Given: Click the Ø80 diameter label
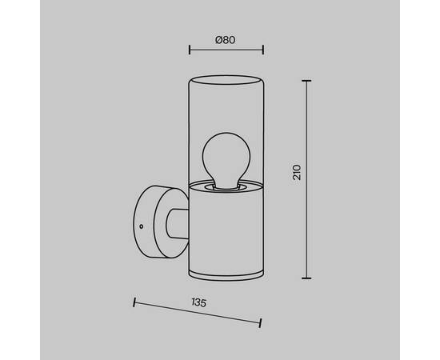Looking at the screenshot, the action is point(226,40).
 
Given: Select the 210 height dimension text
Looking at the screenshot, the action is point(297,173).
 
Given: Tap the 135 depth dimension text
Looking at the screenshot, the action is point(199,302).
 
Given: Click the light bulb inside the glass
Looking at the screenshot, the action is point(226,159).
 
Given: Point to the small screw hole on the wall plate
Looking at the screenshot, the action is point(141,226).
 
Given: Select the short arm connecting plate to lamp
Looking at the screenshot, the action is point(178,225).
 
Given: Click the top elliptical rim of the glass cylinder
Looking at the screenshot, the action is point(226,80).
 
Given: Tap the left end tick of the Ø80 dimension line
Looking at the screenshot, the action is point(190,50).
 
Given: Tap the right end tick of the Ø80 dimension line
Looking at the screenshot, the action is point(263,50).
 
